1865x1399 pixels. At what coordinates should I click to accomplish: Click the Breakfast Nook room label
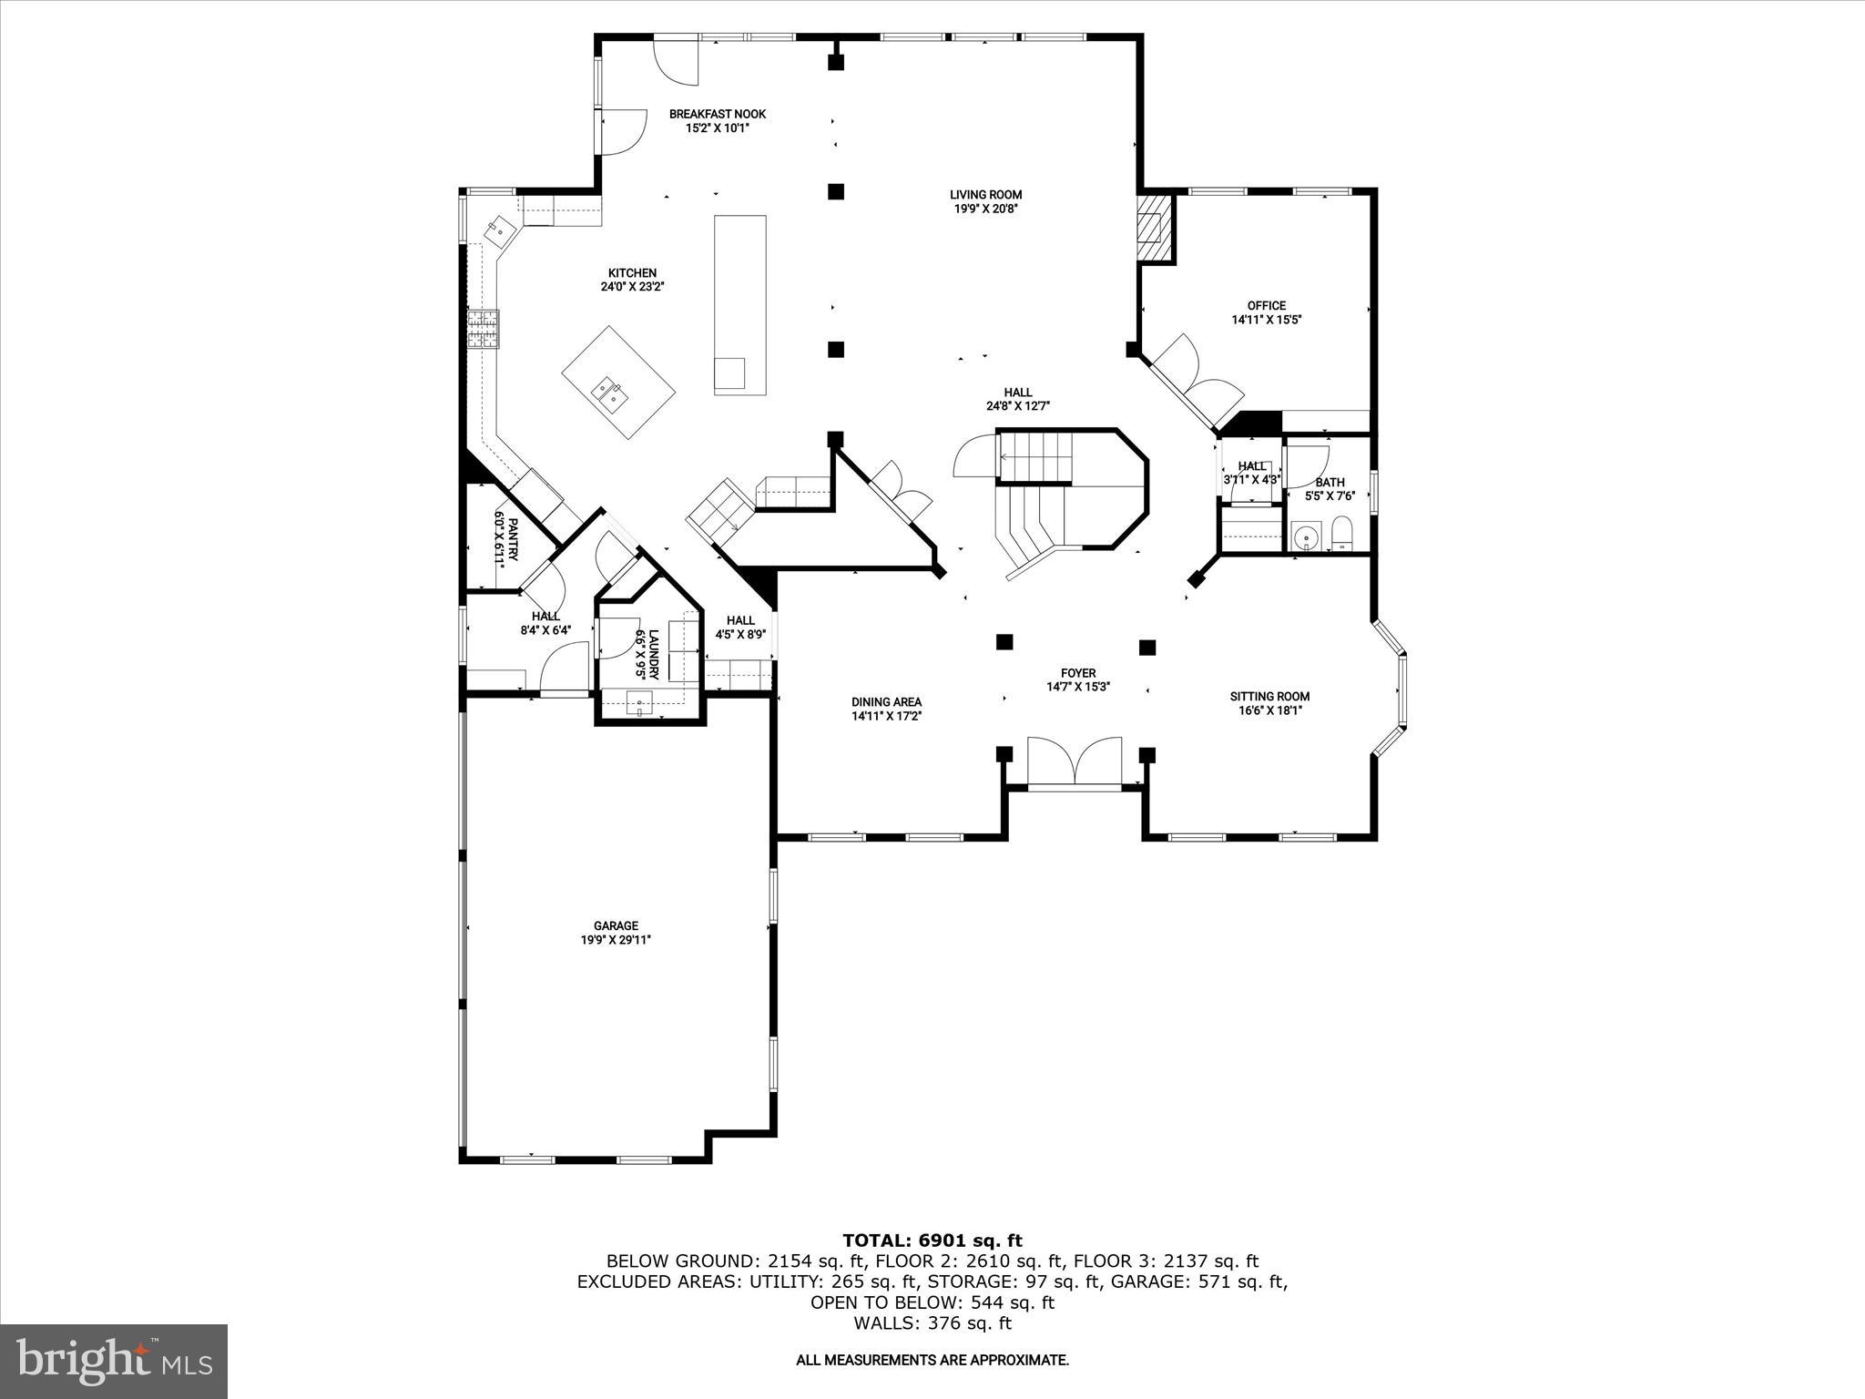pyautogui.click(x=717, y=114)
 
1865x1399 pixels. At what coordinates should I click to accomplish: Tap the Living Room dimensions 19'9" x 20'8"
pyautogui.click(x=985, y=209)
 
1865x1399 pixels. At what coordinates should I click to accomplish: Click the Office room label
pyautogui.click(x=1266, y=305)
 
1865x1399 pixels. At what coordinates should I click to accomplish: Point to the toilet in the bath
pyautogui.click(x=1341, y=533)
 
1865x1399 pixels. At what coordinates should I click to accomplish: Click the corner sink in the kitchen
pyautogui.click(x=500, y=230)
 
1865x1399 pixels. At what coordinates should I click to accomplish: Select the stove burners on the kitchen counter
pyautogui.click(x=484, y=330)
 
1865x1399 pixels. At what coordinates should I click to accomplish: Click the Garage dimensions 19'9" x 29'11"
pyautogui.click(x=616, y=941)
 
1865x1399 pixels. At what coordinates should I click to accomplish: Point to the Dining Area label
pyautogui.click(x=886, y=701)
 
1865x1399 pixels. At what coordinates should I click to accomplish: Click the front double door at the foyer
pyautogui.click(x=1074, y=761)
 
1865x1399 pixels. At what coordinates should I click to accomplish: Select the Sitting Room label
pyautogui.click(x=1269, y=696)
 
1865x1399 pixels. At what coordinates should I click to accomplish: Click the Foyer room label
pyautogui.click(x=1078, y=673)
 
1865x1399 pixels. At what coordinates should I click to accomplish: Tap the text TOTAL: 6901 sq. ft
pyautogui.click(x=932, y=1241)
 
